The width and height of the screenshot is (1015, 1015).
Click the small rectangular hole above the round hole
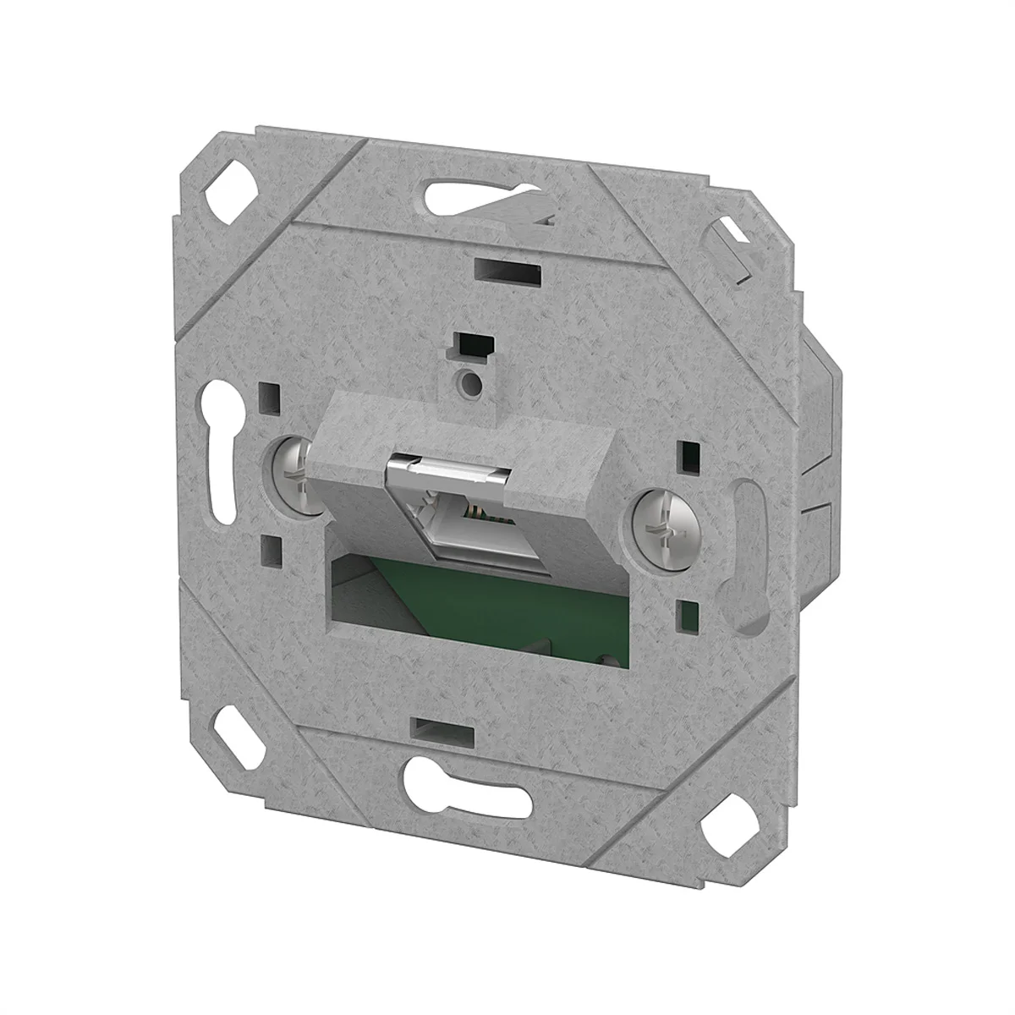click(x=471, y=346)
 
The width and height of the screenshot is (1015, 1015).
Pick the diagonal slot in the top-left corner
click(x=228, y=184)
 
